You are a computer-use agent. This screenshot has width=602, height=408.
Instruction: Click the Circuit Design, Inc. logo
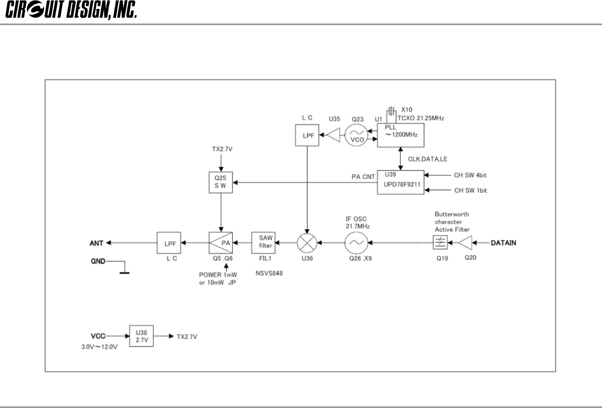(x=71, y=10)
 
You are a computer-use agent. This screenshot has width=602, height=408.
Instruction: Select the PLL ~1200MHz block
(x=400, y=135)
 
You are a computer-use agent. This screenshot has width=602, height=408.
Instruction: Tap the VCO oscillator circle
(x=357, y=135)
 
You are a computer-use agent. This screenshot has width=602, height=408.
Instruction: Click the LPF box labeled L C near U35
(x=307, y=135)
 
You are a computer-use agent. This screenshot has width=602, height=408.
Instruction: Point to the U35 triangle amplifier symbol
(x=333, y=135)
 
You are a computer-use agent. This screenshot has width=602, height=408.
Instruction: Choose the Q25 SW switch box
(x=221, y=182)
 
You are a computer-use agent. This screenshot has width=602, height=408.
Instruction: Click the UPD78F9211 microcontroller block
(x=400, y=182)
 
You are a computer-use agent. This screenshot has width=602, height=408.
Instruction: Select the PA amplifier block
(x=221, y=243)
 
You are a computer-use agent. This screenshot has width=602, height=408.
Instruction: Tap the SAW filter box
(x=263, y=243)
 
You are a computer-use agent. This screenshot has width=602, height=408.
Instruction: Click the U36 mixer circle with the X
(x=307, y=243)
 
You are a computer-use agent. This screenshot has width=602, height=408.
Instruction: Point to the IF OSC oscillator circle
(x=357, y=243)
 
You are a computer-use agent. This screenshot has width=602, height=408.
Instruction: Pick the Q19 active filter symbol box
(x=440, y=243)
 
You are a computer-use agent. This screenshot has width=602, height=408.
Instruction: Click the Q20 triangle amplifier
(x=465, y=243)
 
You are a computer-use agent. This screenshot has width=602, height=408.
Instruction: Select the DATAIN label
(x=503, y=243)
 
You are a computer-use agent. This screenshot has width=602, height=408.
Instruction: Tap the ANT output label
(x=96, y=243)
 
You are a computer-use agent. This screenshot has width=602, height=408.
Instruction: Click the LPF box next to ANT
(x=169, y=243)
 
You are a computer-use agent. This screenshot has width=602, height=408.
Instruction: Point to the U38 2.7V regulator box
(x=141, y=336)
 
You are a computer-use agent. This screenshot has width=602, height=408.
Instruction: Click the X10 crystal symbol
(x=391, y=111)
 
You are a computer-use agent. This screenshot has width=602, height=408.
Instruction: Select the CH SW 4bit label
(x=470, y=175)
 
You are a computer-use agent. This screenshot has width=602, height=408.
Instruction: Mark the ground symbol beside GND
(x=124, y=270)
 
